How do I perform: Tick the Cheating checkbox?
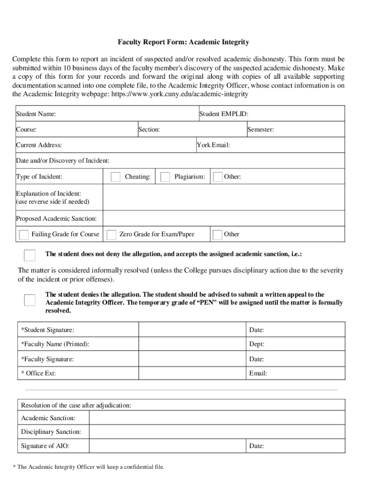coord(116,177)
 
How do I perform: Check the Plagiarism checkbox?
coord(165,177)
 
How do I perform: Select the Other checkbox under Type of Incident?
coord(218,177)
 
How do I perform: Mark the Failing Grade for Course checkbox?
coord(24,235)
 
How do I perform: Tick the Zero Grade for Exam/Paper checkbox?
coord(112,235)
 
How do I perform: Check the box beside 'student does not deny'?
coord(30,255)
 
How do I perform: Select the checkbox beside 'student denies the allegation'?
coord(30,300)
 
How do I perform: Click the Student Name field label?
coord(36,114)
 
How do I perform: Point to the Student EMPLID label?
coord(224,114)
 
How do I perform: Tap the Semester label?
coord(261,130)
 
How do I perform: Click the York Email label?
coord(213,145)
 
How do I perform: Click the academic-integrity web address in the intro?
coord(180,94)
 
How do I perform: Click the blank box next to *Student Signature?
coord(192,330)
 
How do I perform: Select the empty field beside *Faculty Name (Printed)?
coord(192,344)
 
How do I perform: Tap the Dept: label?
coord(256,344)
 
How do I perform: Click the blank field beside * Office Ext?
coord(192,373)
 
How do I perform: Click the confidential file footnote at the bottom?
coord(88,467)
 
